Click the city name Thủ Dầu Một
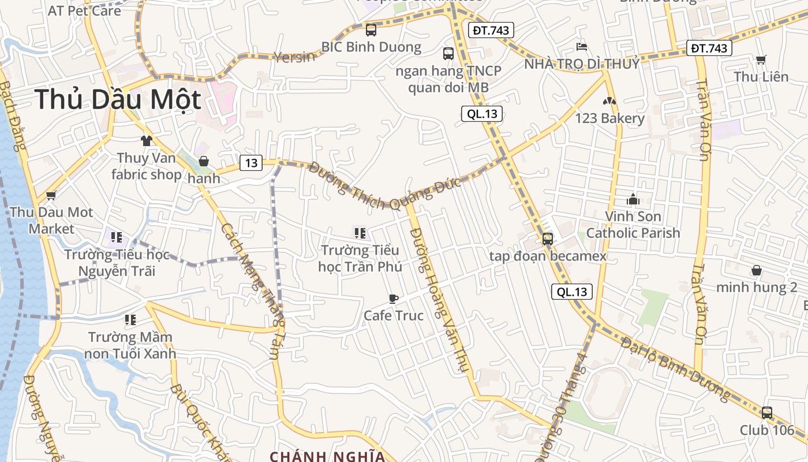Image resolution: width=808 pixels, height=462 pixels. (118, 100)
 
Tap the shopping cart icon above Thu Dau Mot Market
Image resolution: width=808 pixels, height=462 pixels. (51, 196)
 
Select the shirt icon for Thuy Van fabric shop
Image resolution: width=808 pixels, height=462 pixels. (146, 140)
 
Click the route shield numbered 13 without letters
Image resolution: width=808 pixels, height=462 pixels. (251, 163)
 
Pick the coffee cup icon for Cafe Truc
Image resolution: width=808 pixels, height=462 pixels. (393, 299)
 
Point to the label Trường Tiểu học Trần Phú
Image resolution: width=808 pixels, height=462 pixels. (360, 258)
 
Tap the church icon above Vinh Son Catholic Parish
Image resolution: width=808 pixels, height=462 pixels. (633, 200)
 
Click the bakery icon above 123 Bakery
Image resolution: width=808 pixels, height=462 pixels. (609, 101)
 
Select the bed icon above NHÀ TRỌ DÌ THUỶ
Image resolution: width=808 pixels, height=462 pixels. (581, 46)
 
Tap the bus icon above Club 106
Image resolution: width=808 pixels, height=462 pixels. (766, 413)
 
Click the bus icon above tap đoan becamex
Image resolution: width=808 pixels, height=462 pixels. (547, 239)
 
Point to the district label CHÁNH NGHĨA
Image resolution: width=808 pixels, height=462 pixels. (327, 456)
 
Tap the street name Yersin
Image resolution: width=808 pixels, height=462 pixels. (294, 57)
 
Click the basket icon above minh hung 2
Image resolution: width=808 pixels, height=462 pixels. (756, 270)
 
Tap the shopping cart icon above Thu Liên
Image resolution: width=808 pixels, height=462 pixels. (761, 59)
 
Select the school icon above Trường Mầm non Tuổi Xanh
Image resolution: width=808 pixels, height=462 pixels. (130, 319)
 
